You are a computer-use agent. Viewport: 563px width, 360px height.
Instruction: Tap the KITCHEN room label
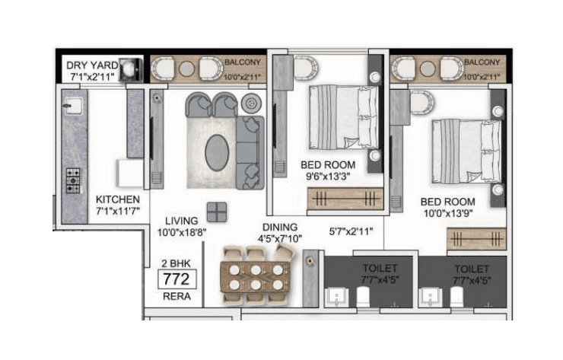coord(118,199)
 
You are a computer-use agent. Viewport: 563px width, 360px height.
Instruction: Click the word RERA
coord(176,296)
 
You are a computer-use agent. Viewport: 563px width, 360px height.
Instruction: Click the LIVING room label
coord(181,221)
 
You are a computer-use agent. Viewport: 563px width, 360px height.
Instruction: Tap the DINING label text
coord(279,227)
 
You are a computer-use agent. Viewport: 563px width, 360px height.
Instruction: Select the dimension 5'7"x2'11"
coord(351,230)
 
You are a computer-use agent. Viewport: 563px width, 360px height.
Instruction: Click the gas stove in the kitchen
coord(73,180)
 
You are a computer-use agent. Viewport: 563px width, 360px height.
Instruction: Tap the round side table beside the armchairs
coord(250,103)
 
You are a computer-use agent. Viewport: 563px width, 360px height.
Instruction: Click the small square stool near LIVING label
coord(216,212)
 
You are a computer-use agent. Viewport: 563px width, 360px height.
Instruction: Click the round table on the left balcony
coord(187,69)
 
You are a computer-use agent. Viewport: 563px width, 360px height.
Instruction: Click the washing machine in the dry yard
coord(132,67)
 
